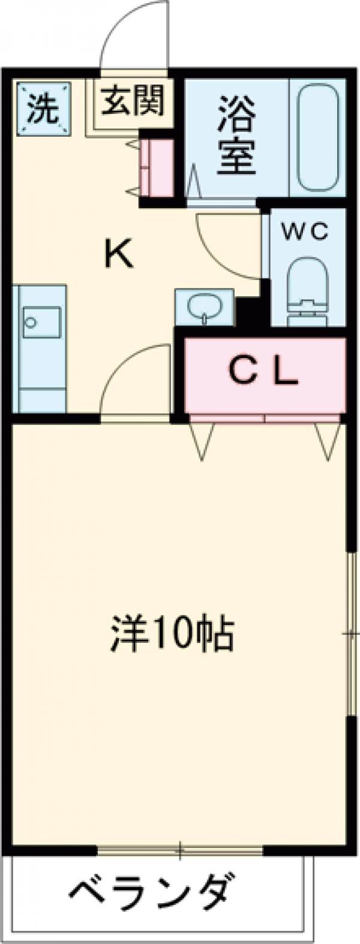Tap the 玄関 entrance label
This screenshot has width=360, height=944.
pos(132,100)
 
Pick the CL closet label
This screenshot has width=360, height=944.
pos(264,374)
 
